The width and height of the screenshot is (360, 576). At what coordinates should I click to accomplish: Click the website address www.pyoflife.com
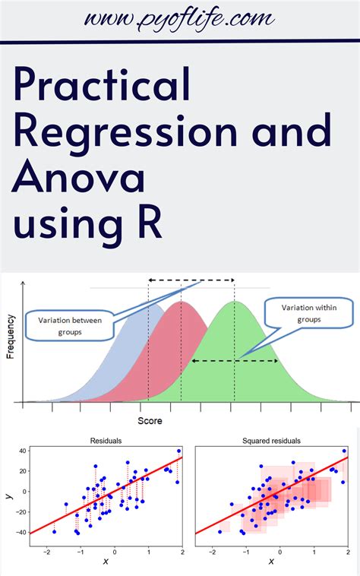180,18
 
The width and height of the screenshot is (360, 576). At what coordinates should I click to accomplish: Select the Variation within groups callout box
306,313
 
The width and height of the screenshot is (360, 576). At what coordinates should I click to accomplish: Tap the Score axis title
149,419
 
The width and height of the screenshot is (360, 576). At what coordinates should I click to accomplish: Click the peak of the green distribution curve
235,302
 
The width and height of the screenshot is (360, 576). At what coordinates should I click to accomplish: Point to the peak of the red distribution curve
182,302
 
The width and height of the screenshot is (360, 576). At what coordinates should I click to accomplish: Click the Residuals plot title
105,441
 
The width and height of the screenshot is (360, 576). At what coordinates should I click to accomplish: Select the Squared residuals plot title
271,441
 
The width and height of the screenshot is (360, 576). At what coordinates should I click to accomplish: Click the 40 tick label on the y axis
23,451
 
